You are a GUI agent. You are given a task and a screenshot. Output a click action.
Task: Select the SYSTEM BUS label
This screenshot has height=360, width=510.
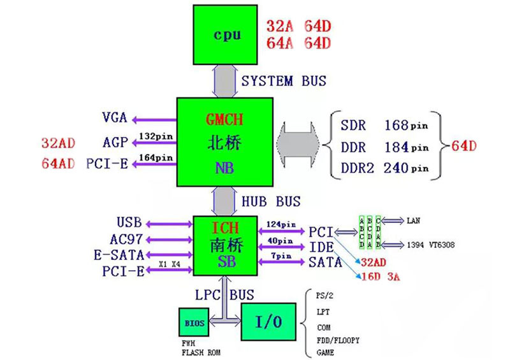coord(284,81)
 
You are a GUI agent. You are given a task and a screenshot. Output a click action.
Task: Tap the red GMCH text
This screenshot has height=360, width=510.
coord(224,119)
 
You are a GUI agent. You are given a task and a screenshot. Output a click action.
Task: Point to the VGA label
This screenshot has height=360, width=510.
coord(115,118)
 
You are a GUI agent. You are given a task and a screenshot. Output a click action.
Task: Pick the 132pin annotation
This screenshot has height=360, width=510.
coord(156,136)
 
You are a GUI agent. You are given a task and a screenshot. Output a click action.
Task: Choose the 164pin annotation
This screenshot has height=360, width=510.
coord(156,157)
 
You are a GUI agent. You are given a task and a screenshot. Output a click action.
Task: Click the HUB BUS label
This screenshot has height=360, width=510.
coord(271,201)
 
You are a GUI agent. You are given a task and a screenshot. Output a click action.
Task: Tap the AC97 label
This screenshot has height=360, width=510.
coord(124,240)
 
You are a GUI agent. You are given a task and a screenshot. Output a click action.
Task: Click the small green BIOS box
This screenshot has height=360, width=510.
coord(194,323)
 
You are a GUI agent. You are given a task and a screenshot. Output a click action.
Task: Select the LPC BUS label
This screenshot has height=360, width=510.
coord(224,295)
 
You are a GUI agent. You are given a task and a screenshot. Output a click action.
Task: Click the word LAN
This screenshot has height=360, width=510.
coord(414,221)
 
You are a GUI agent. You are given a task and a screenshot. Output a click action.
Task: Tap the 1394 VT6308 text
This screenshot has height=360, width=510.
coord(428,245)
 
